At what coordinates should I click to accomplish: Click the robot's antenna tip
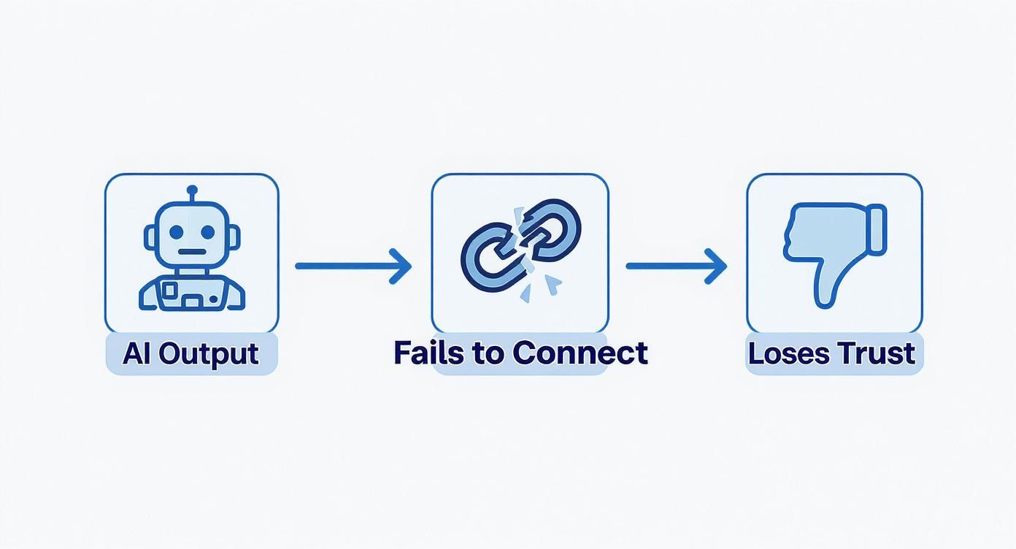point(192,190)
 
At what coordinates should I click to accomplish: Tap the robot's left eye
point(177,232)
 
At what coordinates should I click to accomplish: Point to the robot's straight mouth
point(192,253)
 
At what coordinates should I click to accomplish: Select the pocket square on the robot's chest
point(170,291)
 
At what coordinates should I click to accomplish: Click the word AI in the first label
point(136,353)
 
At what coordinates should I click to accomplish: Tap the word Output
point(209,354)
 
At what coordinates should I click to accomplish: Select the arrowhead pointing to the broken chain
point(401,266)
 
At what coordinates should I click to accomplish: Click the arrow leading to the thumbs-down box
point(675,266)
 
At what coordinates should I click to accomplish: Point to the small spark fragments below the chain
point(540,288)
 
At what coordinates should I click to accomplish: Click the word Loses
point(788,353)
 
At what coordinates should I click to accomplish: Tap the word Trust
point(876,353)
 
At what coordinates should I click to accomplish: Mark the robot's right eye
point(208,232)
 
